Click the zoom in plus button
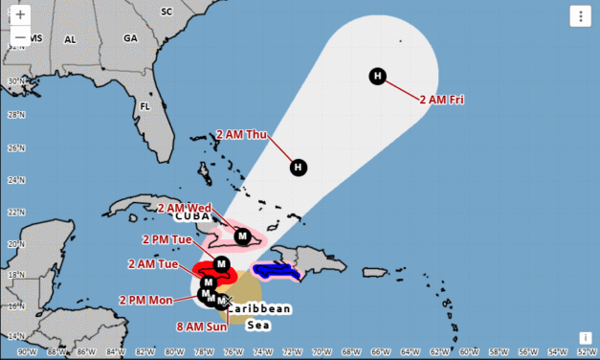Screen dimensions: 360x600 (20, 16)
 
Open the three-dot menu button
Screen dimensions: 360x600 (580, 15)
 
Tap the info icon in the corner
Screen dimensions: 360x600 (585, 338)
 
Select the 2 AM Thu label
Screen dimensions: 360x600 (241, 134)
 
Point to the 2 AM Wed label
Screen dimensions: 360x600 (184, 208)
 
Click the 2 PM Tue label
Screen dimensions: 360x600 (167, 239)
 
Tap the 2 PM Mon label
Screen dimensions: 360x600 (146, 300)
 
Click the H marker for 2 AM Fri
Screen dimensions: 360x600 (378, 77)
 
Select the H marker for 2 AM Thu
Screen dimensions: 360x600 (299, 168)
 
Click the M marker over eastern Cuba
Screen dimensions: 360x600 (243, 236)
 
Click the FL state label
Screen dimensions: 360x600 (145, 106)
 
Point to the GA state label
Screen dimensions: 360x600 (131, 38)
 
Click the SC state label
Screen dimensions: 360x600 (167, 11)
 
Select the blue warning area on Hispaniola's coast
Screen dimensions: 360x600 (275, 271)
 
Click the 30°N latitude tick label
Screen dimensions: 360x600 (12, 81)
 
